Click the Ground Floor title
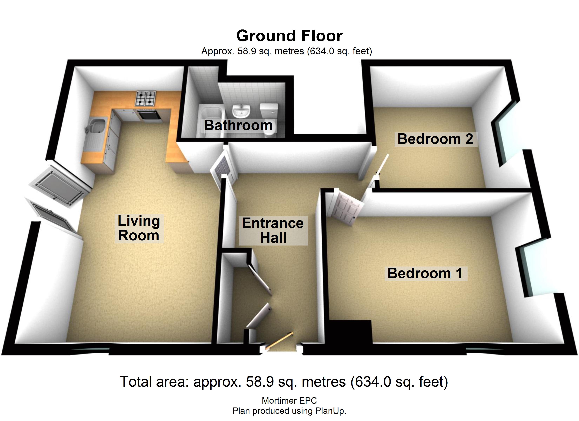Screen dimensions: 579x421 click(x=289, y=36)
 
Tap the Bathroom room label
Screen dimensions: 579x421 click(x=238, y=125)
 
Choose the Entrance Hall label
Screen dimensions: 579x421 click(x=273, y=230)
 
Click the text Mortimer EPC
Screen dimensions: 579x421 click(x=289, y=401)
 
